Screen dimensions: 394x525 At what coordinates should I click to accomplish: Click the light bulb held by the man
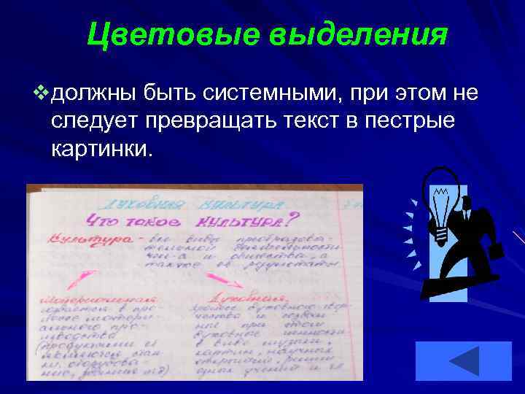click(x=443, y=204)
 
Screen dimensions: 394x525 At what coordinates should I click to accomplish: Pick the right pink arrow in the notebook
click(x=219, y=278)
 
